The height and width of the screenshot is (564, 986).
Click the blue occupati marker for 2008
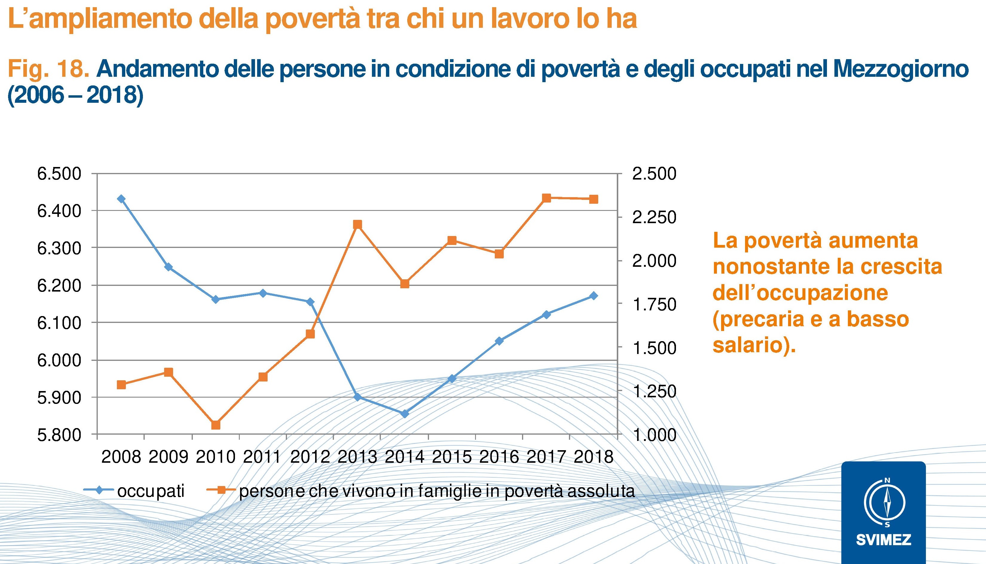click(121, 199)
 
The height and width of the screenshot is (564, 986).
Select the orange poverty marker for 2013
click(357, 225)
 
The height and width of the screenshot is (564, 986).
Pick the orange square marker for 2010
click(216, 425)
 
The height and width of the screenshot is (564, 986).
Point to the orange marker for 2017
click(547, 198)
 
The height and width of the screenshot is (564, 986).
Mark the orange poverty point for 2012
click(310, 334)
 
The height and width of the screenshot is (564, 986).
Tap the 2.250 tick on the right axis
click(654, 217)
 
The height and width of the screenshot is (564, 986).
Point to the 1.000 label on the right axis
click(654, 435)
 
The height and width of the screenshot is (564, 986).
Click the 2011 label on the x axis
click(263, 457)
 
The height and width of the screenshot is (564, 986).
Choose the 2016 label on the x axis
click(499, 457)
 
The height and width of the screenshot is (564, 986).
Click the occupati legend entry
click(150, 491)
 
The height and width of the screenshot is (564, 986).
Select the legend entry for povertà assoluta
click(436, 491)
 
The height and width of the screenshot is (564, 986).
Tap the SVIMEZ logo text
click(884, 540)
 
